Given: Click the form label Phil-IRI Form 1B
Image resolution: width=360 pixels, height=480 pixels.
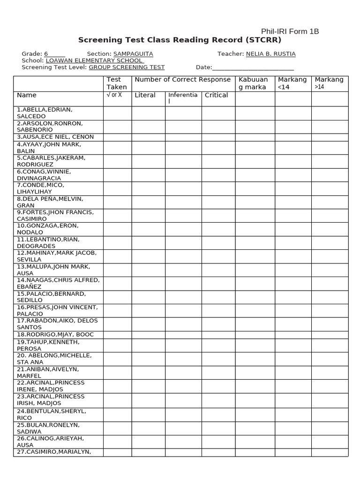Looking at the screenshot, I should [x=290, y=31].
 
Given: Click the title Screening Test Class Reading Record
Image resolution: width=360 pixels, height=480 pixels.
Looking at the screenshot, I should [x=180, y=40].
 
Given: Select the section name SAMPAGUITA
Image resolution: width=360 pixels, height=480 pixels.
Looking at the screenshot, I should [x=133, y=54].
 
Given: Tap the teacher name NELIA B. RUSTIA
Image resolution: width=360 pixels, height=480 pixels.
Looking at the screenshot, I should [x=270, y=54].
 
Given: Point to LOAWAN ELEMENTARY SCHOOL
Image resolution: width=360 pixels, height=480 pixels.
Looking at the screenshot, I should [x=94, y=60].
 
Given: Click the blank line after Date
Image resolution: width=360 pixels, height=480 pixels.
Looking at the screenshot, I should [x=253, y=67].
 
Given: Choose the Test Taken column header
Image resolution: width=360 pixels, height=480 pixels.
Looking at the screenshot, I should [x=117, y=83].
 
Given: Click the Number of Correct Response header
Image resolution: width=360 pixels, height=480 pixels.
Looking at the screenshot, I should [x=183, y=80].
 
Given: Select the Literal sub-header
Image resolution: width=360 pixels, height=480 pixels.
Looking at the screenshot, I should [x=145, y=95].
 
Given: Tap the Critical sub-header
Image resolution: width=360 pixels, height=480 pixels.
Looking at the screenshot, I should [x=216, y=95].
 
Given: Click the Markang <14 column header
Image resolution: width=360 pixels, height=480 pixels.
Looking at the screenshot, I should [x=292, y=83].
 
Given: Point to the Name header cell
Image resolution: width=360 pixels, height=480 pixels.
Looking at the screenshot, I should [x=27, y=95].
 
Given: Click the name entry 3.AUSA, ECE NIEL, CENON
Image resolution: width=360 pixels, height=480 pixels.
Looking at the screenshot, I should [x=55, y=137].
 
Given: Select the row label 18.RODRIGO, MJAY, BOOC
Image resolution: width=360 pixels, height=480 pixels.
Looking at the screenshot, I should [x=55, y=334].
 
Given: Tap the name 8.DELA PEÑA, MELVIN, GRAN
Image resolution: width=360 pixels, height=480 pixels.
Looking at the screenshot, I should [x=50, y=202].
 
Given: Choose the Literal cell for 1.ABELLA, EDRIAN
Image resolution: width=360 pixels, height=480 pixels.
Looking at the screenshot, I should [x=148, y=113].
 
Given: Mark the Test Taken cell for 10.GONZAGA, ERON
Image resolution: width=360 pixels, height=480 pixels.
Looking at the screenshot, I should [x=117, y=229].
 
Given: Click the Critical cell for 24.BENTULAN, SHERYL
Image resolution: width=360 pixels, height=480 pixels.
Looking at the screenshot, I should [x=218, y=414].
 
